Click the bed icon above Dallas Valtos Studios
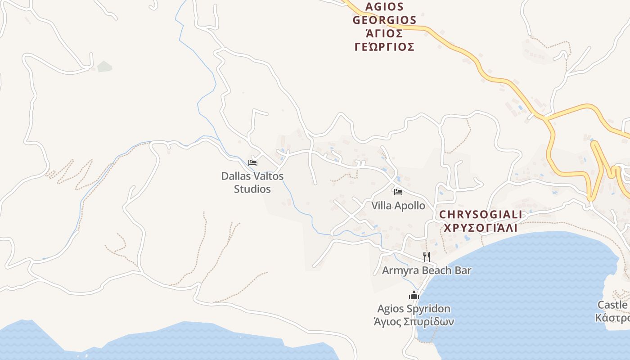pyautogui.click(x=252, y=162)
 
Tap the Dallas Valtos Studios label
pyautogui.click(x=252, y=182)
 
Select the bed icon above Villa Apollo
pyautogui.click(x=398, y=192)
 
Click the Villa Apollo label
pyautogui.click(x=398, y=206)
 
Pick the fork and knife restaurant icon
pyautogui.click(x=427, y=256)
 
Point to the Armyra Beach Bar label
pyautogui.click(x=427, y=270)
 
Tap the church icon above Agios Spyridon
pyautogui.click(x=414, y=295)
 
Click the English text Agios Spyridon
pyautogui.click(x=414, y=309)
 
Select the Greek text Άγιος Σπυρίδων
pyautogui.click(x=414, y=321)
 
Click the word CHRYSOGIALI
pyautogui.click(x=481, y=215)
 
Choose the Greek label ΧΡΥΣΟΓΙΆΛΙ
pyautogui.click(x=481, y=228)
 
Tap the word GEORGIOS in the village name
pyautogui.click(x=384, y=20)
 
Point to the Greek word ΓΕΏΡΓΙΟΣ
pyautogui.click(x=384, y=47)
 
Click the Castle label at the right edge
pyautogui.click(x=612, y=305)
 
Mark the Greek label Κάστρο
pyautogui.click(x=612, y=318)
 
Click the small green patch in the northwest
pyautogui.click(x=104, y=67)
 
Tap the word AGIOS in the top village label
pyautogui.click(x=384, y=7)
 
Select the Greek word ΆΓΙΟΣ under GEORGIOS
pyautogui.click(x=384, y=33)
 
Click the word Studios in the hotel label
pyautogui.click(x=252, y=189)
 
